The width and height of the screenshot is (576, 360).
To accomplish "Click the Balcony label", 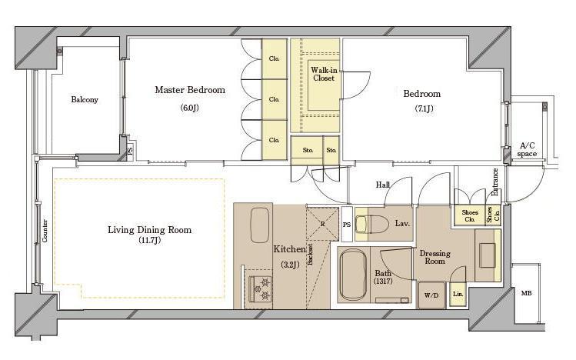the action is (x=85, y=99).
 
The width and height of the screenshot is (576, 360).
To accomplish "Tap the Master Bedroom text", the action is (x=190, y=90).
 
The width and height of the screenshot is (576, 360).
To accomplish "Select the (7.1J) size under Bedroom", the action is (x=424, y=108).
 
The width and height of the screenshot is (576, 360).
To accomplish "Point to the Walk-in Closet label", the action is (x=324, y=74).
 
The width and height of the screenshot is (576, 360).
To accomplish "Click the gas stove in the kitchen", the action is (x=260, y=288).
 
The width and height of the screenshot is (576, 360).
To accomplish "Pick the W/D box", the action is (x=431, y=295).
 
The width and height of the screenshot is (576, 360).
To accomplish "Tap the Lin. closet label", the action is (x=458, y=295).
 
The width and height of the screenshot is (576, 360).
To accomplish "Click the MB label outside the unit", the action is (x=526, y=293).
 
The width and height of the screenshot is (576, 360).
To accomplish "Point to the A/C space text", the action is (x=527, y=150).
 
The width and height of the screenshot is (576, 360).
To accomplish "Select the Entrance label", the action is (x=494, y=182).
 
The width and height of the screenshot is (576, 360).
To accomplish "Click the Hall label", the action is (x=383, y=185).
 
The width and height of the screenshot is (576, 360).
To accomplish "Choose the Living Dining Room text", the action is (x=149, y=230).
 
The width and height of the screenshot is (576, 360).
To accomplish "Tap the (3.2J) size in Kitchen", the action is (x=290, y=265).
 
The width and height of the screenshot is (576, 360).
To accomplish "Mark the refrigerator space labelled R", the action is (x=322, y=224).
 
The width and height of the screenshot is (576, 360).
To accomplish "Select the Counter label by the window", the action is (x=45, y=231).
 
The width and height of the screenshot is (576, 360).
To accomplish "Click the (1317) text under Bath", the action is (x=383, y=282).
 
